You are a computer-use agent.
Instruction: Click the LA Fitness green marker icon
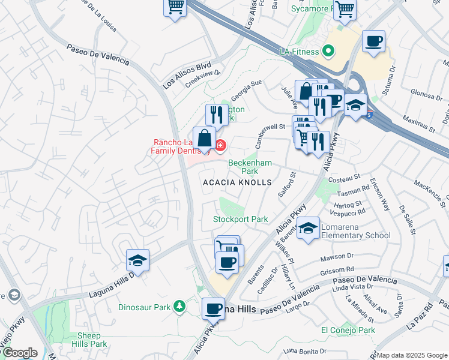328,52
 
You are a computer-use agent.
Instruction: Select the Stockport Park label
241,219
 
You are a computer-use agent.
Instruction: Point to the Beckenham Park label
250,167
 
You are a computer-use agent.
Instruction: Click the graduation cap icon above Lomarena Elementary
309,228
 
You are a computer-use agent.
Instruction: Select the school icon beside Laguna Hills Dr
137,261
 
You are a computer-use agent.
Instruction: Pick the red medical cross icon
220,145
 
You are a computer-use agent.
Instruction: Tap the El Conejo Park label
348,330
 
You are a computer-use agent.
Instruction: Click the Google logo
19,353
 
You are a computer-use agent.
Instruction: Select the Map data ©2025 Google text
412,355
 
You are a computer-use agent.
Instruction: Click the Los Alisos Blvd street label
190,73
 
